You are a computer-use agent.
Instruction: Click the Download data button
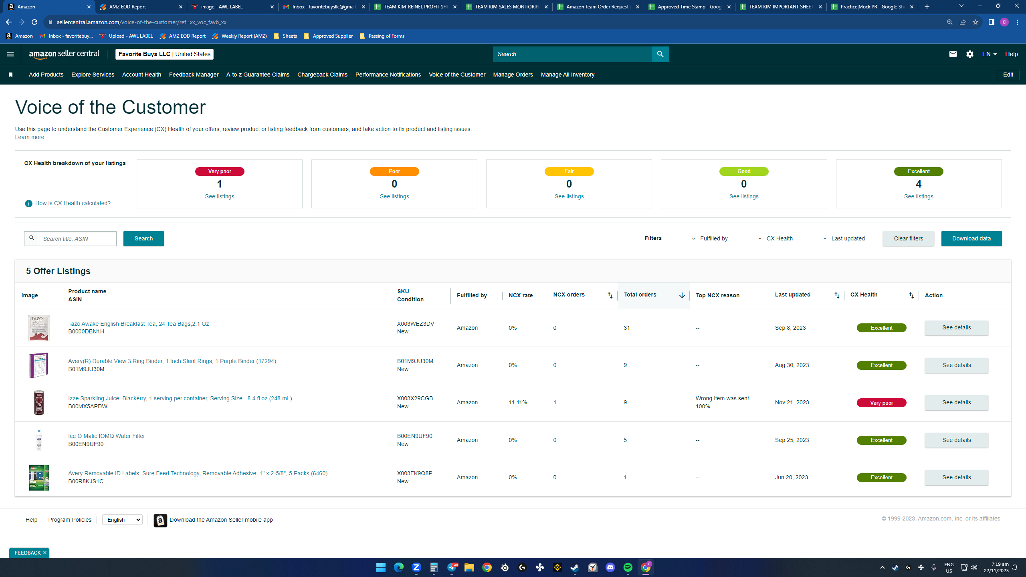tap(971, 238)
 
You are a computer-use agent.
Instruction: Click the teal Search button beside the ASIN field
tap(143, 238)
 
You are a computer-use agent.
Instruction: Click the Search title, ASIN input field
tap(78, 238)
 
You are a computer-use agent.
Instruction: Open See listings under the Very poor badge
tap(220, 196)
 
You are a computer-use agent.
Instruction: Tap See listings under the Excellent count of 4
tap(919, 196)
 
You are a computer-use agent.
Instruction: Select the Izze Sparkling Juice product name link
tap(180, 398)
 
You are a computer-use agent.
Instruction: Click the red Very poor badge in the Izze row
tap(881, 403)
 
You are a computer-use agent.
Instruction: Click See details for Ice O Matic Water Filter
tap(956, 440)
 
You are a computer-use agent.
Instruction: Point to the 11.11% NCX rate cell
tap(518, 402)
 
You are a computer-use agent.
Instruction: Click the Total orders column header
tap(640, 295)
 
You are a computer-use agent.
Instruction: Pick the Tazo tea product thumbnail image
tap(39, 328)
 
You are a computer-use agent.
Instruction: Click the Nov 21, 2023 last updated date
tap(792, 402)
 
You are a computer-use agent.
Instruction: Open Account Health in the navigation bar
tap(141, 75)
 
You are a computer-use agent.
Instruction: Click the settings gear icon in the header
tap(969, 54)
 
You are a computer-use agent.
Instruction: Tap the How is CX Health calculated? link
tap(73, 203)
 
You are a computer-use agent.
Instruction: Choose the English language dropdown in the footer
tap(122, 520)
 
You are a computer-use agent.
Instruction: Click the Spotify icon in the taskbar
tap(628, 567)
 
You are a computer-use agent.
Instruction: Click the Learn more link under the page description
tap(30, 137)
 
